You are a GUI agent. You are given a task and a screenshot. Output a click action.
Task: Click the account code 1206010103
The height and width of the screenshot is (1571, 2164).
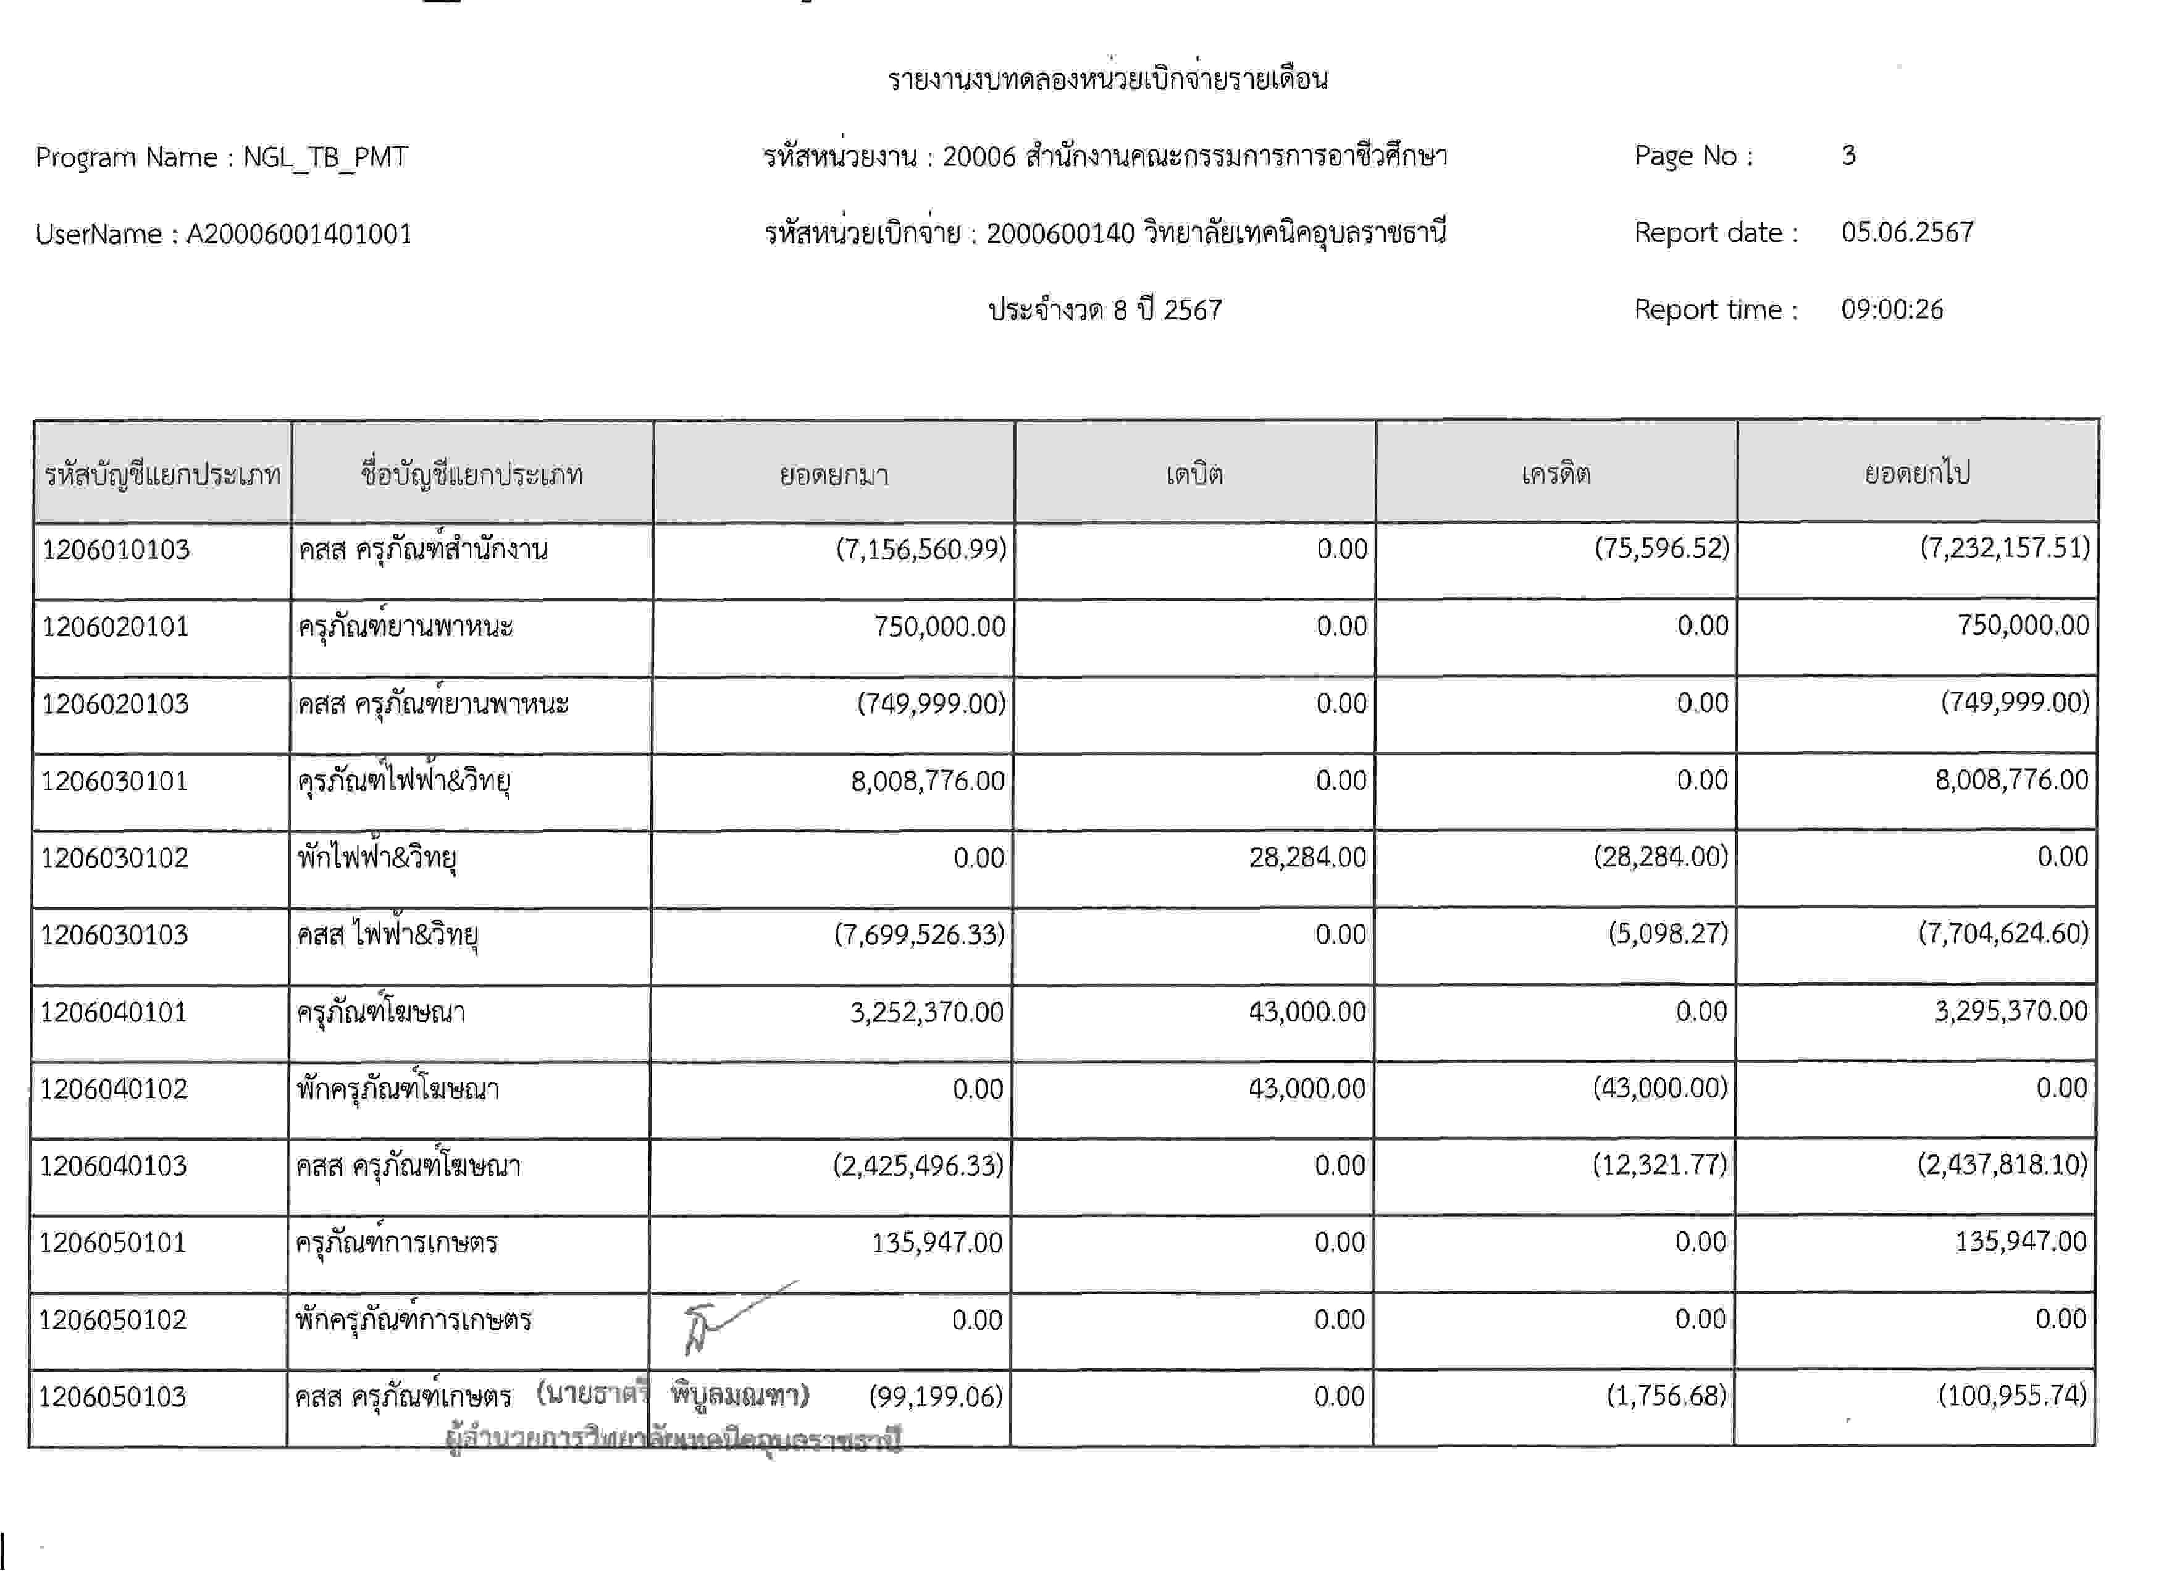115,550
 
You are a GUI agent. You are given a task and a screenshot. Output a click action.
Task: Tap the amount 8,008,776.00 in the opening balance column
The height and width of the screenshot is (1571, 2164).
928,781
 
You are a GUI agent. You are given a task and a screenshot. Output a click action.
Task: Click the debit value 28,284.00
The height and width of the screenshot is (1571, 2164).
1307,858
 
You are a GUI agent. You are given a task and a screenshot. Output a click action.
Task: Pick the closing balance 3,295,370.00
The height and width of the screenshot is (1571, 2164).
2010,1011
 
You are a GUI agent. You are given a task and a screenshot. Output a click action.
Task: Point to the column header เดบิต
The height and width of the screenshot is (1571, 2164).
1194,474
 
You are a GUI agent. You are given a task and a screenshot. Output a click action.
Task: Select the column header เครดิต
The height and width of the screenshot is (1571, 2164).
1556,474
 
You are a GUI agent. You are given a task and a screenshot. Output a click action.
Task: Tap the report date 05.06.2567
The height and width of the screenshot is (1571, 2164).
1907,233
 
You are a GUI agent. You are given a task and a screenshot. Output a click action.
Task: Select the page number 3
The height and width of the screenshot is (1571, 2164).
1848,156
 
